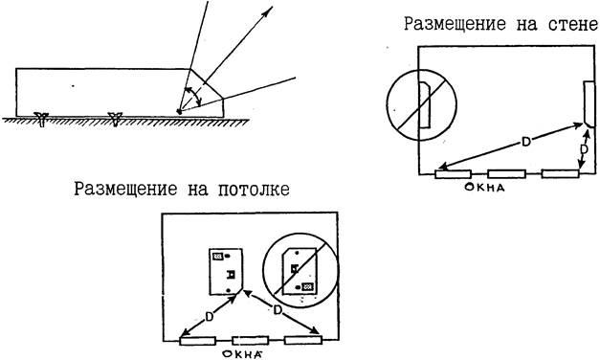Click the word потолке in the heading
tap(254, 190)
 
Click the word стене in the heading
tap(573, 25)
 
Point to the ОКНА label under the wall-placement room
tap(484, 188)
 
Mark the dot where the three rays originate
tap(179, 111)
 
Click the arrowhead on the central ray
tap(268, 11)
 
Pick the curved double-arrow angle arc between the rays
tap(193, 96)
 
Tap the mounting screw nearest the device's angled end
tap(115, 119)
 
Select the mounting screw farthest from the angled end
tap(41, 119)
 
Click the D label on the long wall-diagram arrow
tap(526, 142)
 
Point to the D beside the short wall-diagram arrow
tap(584, 149)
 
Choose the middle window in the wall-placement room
tap(506, 174)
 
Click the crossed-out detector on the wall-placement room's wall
tap(425, 104)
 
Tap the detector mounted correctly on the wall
tap(589, 103)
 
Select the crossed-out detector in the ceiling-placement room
tap(300, 272)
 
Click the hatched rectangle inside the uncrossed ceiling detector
tap(218, 257)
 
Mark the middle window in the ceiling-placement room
tap(251, 340)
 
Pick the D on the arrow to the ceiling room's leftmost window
tap(209, 317)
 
